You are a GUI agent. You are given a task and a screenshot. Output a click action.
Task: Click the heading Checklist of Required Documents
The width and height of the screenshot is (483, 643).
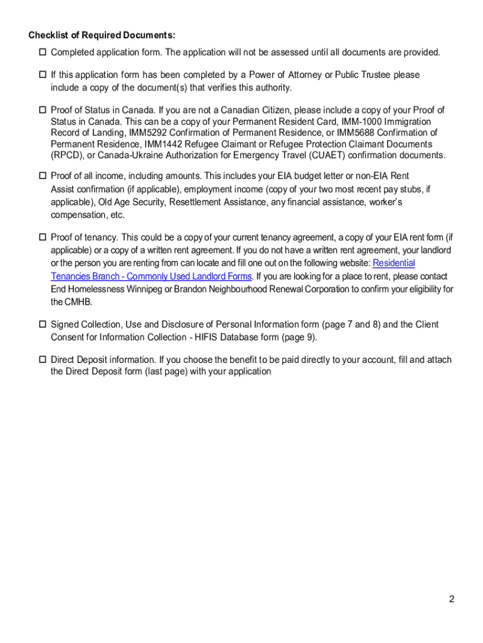click(x=101, y=35)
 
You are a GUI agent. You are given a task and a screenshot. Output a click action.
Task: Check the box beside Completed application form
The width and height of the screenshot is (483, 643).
click(x=43, y=52)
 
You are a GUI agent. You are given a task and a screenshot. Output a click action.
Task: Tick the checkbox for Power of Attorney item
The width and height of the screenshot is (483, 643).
click(x=43, y=75)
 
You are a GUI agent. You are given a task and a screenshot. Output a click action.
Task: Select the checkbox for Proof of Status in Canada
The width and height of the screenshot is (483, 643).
click(x=43, y=111)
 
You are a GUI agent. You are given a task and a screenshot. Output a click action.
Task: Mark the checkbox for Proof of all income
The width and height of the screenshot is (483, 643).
click(x=43, y=176)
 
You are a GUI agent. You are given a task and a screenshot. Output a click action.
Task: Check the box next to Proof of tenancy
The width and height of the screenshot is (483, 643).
click(x=43, y=237)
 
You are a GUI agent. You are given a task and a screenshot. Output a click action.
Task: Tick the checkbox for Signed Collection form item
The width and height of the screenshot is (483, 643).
click(x=43, y=325)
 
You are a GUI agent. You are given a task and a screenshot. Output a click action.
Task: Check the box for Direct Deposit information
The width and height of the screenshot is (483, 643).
click(x=43, y=360)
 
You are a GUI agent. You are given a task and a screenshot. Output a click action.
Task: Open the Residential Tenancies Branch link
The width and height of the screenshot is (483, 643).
click(x=393, y=263)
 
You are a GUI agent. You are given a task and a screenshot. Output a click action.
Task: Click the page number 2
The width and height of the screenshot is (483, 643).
click(x=451, y=599)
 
